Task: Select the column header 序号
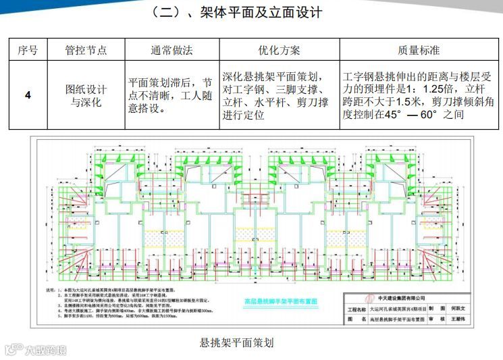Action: (x=28, y=51)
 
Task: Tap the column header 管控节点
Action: (x=86, y=51)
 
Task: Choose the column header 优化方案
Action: (x=279, y=51)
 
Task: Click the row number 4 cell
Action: (x=28, y=95)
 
